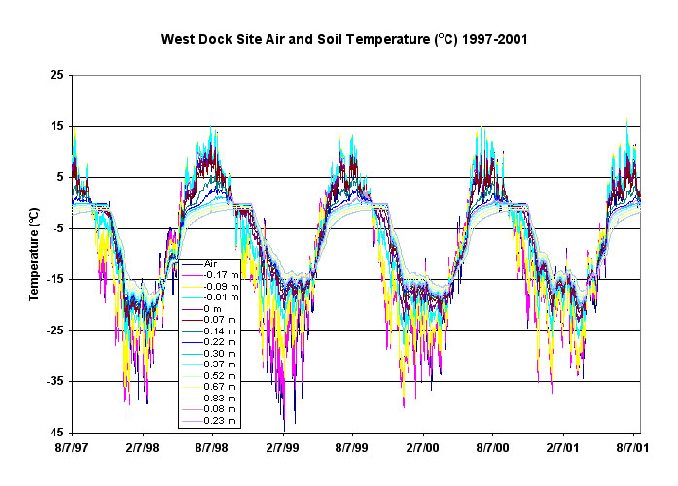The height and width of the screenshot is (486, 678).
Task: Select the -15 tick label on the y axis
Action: (56, 280)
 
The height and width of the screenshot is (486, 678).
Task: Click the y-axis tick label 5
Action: (62, 178)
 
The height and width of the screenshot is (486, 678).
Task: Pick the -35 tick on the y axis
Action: (56, 382)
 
